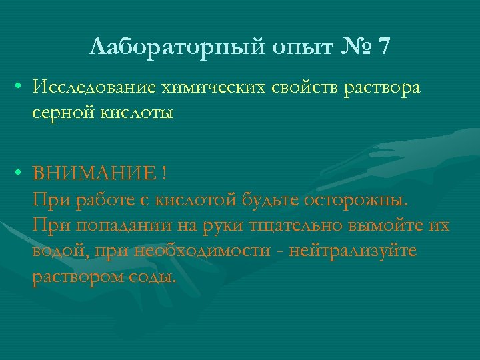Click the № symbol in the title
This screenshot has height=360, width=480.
click(x=355, y=47)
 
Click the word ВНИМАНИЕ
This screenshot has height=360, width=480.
click(x=93, y=175)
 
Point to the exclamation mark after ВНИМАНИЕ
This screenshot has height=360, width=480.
click(x=164, y=175)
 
